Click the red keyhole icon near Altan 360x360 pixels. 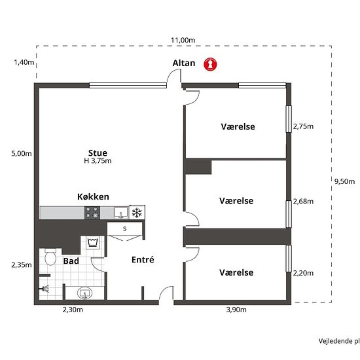coord(210,64)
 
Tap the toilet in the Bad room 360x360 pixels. coord(50,257)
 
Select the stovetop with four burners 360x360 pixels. coord(92,213)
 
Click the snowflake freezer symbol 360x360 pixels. coord(137,213)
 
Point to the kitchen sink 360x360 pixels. coord(121,213)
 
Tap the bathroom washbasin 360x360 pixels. coord(85,293)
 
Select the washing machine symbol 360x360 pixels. coord(93,242)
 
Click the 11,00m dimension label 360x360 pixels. coord(183,41)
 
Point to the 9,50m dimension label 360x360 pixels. coord(344,181)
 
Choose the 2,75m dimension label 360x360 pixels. coord(303,126)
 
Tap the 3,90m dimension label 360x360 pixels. coord(236,310)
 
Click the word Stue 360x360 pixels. coord(98,153)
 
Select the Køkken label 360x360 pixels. coord(93,197)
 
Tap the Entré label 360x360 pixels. coord(143,260)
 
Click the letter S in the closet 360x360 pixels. coord(124,228)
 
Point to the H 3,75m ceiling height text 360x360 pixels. coord(98,161)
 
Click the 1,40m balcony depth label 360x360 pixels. coord(24,62)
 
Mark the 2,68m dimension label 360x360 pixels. coord(303,202)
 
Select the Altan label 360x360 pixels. coord(184,63)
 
